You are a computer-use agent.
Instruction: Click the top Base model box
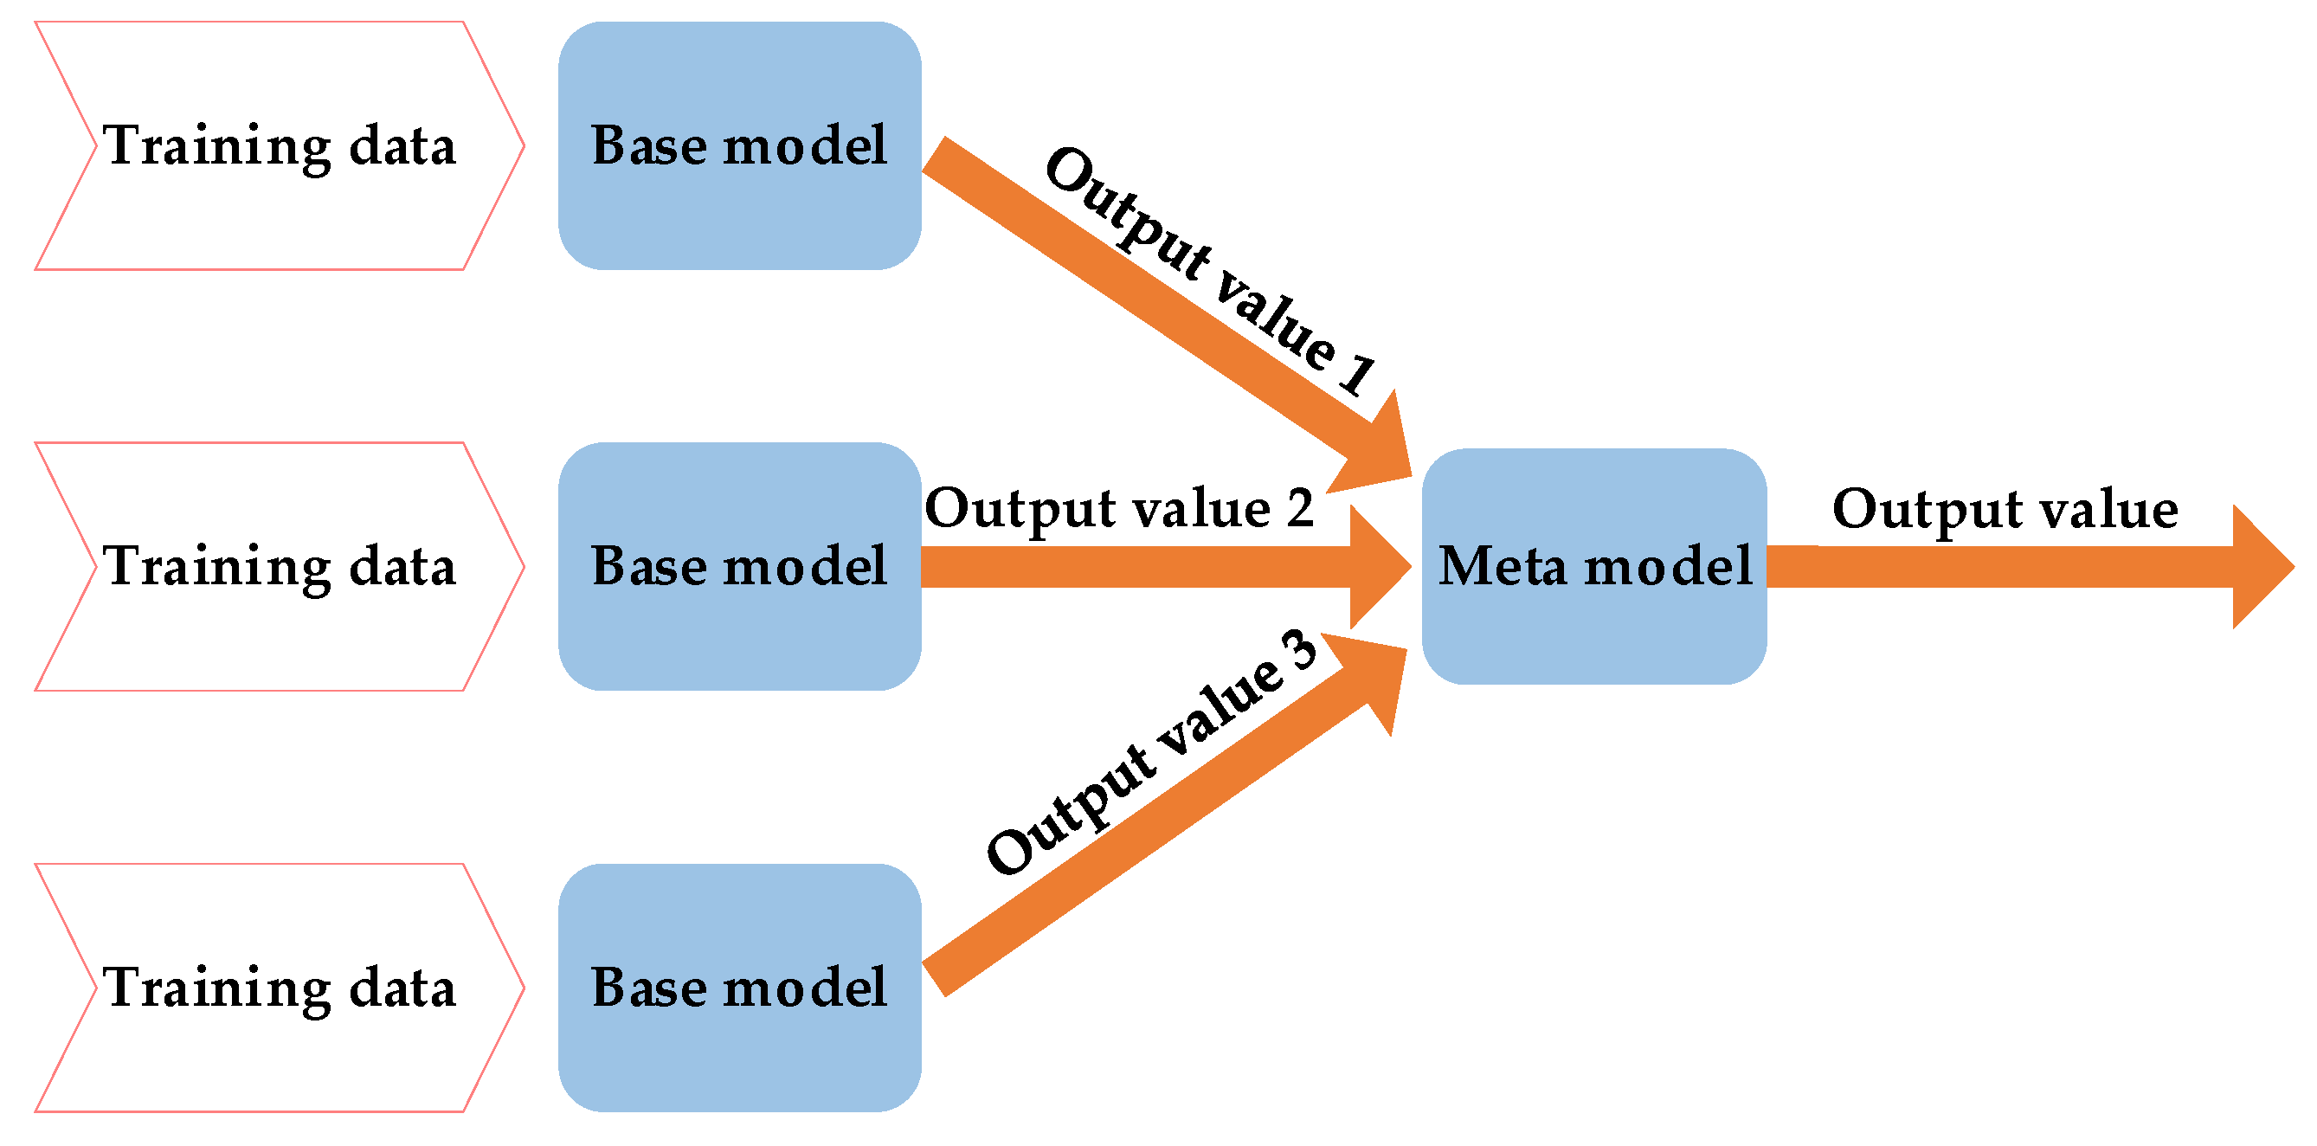739,145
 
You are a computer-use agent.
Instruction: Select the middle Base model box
739,567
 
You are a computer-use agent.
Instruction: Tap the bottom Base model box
739,988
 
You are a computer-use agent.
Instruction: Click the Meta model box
1593,567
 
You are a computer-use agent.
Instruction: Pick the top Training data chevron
279,145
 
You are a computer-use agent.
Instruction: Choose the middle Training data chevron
279,567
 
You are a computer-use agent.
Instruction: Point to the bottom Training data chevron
279,988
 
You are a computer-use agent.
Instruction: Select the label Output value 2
1119,508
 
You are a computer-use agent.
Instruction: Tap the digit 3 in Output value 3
1301,649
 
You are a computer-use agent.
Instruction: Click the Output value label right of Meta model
2005,509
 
